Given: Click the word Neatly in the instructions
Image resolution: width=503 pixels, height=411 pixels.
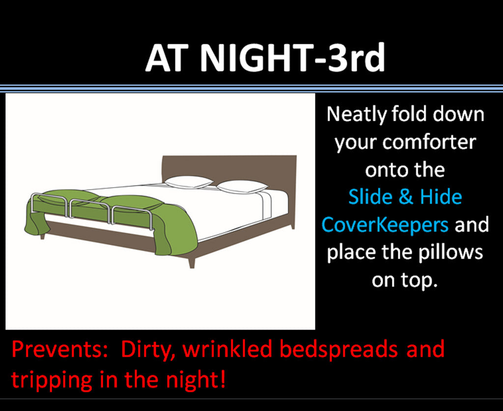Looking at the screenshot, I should point(357,114).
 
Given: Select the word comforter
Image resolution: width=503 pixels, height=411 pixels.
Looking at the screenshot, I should point(429,142).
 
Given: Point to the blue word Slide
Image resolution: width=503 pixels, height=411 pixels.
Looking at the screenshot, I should point(369,197).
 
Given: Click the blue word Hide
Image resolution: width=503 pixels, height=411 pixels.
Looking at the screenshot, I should point(441,197).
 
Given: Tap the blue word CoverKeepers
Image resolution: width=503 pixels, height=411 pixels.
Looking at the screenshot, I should point(385,225).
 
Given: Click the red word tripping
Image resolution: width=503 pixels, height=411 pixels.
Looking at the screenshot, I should point(52,379).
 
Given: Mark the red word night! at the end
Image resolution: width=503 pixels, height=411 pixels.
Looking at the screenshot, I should point(194,379).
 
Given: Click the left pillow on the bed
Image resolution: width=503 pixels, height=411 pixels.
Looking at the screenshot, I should point(189,182).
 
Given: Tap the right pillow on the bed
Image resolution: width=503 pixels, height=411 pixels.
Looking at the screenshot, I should point(242,187).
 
